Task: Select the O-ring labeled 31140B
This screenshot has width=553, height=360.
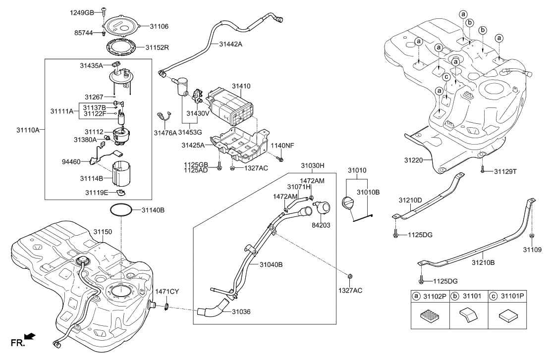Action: pyautogui.click(x=120, y=210)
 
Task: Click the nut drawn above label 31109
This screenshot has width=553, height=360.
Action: pyautogui.click(x=531, y=235)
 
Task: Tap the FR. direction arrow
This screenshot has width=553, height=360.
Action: pyautogui.click(x=30, y=337)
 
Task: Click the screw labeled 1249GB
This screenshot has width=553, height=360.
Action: pyautogui.click(x=104, y=10)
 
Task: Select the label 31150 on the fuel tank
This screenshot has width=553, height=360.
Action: pyautogui.click(x=103, y=232)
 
